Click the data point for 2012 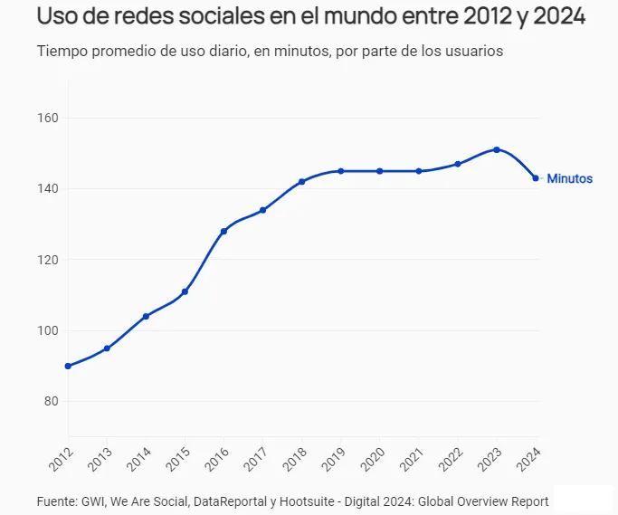click(68, 366)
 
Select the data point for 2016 click(223, 231)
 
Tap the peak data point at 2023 click(497, 149)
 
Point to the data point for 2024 click(536, 178)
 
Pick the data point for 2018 click(301, 181)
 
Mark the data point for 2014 click(146, 316)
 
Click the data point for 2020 click(380, 171)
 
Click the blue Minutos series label click(569, 179)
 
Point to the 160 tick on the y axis click(48, 119)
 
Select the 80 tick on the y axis click(51, 402)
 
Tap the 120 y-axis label click(48, 260)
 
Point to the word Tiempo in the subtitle click(62, 51)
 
